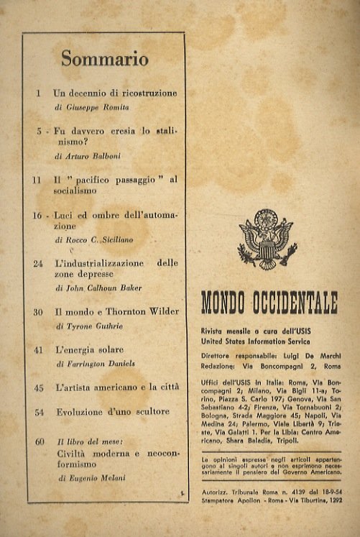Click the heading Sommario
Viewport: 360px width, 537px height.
pyautogui.click(x=104, y=60)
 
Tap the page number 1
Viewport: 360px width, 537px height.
pyautogui.click(x=37, y=93)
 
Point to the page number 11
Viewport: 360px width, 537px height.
pyautogui.click(x=37, y=180)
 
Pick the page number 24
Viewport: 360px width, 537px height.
pyautogui.click(x=38, y=264)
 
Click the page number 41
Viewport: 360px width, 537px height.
pyautogui.click(x=38, y=350)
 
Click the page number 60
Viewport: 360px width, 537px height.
pyautogui.click(x=38, y=441)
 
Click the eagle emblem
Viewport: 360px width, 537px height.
pyautogui.click(x=267, y=239)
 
